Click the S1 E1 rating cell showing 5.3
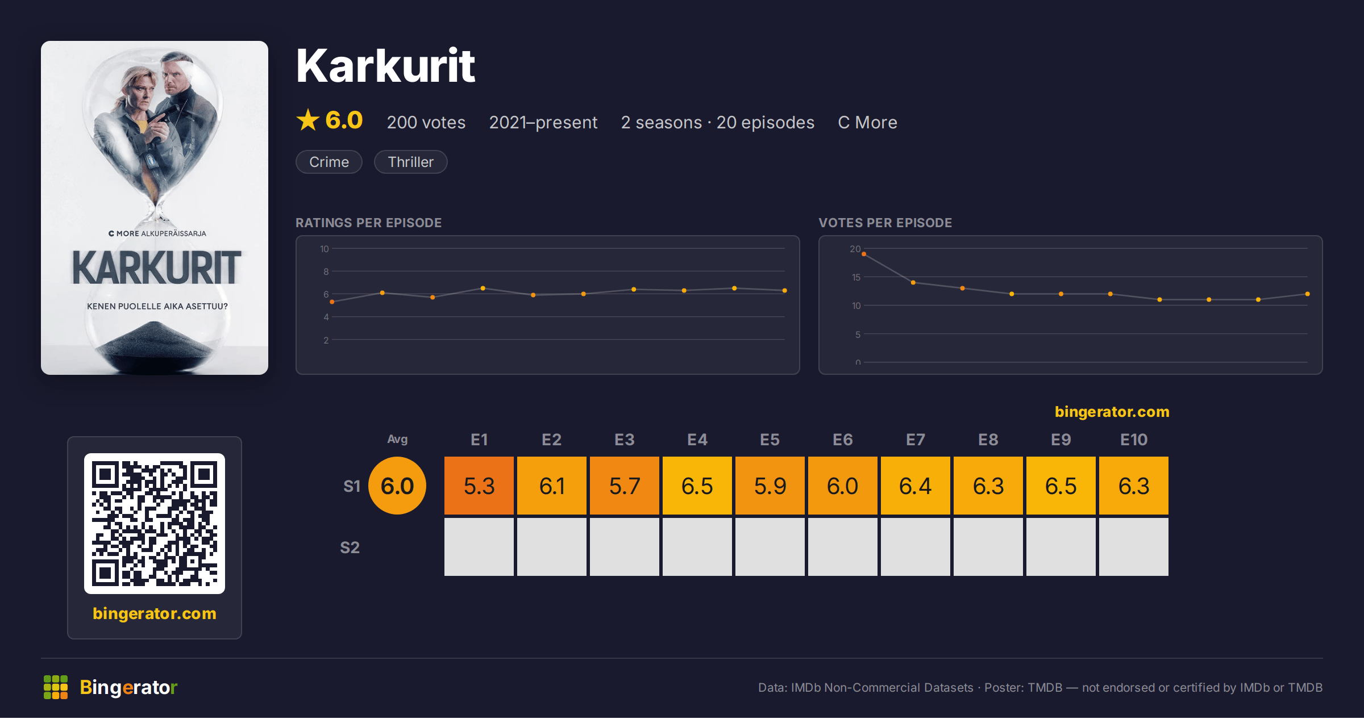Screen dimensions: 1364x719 tap(479, 486)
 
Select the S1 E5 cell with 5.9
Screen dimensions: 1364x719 tap(770, 486)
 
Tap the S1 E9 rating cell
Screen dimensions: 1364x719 tap(1061, 486)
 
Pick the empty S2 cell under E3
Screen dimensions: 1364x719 tap(625, 547)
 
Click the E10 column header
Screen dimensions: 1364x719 tap(1134, 440)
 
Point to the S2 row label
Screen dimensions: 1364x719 tap(350, 547)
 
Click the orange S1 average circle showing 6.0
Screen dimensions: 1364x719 tap(397, 486)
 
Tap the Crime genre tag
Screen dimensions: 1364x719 tap(329, 162)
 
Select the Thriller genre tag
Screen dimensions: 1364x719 tap(410, 162)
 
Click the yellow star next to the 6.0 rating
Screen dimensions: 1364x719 tap(308, 120)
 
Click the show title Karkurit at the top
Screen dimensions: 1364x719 tap(385, 66)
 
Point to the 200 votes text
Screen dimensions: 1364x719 tap(426, 122)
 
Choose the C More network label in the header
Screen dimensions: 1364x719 tap(867, 122)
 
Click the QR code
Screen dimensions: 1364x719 tap(155, 524)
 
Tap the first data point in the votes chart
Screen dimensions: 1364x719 tap(864, 254)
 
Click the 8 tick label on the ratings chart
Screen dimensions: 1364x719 tap(326, 271)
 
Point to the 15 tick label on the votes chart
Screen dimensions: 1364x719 tap(856, 277)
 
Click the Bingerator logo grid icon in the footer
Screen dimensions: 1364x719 tap(56, 687)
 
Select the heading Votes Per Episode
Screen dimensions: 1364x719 tap(885, 223)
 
